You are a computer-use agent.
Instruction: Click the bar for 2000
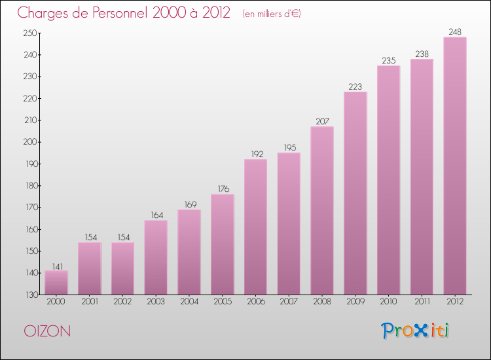pyautogui.click(x=56, y=283)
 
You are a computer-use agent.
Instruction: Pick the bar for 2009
pyautogui.click(x=355, y=193)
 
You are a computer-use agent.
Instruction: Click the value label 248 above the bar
pyautogui.click(x=455, y=31)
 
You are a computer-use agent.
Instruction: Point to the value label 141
pyautogui.click(x=56, y=265)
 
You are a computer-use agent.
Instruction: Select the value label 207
pyautogui.click(x=322, y=121)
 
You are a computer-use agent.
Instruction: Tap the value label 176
pyautogui.click(x=223, y=189)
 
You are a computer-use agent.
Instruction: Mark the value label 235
pyautogui.click(x=389, y=60)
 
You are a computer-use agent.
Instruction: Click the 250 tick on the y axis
pyautogui.click(x=30, y=33)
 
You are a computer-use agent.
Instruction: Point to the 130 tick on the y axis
pyautogui.click(x=30, y=295)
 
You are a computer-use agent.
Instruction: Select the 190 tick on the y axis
pyautogui.click(x=30, y=164)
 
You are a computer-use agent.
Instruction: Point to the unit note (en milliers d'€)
pyautogui.click(x=271, y=14)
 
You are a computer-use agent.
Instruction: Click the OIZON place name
pyautogui.click(x=47, y=331)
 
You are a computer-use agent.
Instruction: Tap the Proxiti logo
pyautogui.click(x=416, y=331)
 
